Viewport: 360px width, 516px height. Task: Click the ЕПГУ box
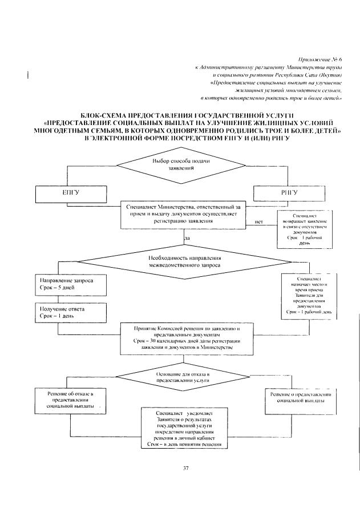click(x=70, y=193)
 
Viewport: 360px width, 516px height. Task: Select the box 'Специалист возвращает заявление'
click(x=309, y=229)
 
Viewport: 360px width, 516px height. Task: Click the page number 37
click(x=185, y=469)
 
